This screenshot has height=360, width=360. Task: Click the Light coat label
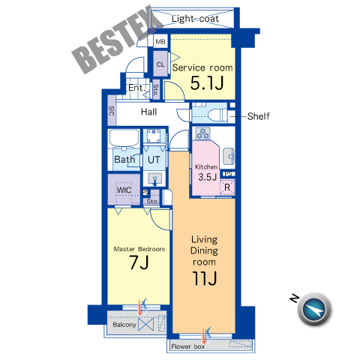[x=195, y=19]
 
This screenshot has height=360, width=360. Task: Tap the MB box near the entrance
[x=160, y=41]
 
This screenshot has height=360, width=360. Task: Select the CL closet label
[x=160, y=64]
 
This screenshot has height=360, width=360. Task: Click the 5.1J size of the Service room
[x=207, y=83]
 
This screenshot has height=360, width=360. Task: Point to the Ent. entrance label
[x=136, y=88]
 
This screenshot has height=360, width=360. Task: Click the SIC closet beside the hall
[x=112, y=111]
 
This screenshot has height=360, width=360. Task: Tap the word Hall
[x=148, y=112]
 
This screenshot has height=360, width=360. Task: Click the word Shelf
[x=259, y=116]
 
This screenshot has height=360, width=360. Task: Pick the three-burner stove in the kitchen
[x=202, y=133]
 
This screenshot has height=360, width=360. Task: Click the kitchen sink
[x=229, y=156]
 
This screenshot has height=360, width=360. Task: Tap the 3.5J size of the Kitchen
[x=207, y=177]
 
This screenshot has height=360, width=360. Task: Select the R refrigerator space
[x=227, y=187]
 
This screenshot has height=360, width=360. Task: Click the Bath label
[x=124, y=160]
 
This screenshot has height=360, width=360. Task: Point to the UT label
[x=154, y=160]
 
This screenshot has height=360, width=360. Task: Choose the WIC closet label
[x=124, y=190]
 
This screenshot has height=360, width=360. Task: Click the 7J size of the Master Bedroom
[x=139, y=262]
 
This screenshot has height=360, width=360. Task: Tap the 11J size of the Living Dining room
[x=204, y=278]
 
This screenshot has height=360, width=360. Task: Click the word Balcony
[x=124, y=325]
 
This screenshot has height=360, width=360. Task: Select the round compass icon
[x=314, y=309]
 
